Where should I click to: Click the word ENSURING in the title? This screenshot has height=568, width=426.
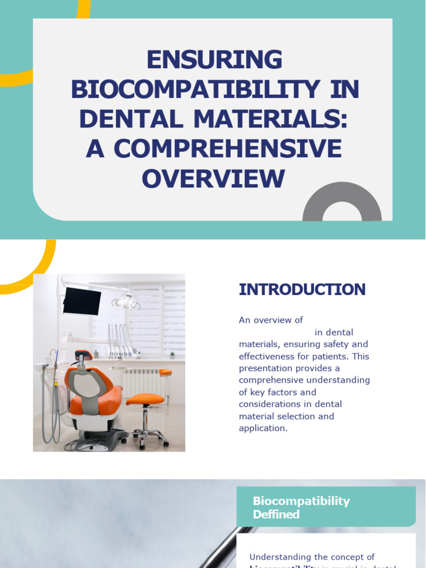click(215, 60)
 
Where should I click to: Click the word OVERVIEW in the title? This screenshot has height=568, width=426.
click(214, 179)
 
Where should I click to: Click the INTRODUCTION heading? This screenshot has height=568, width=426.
click(302, 289)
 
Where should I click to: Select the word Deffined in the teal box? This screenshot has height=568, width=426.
click(276, 514)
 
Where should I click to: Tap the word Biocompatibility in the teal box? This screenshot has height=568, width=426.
click(301, 501)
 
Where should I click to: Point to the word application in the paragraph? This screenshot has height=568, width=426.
click(262, 428)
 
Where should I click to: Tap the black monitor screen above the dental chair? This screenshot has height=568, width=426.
click(82, 300)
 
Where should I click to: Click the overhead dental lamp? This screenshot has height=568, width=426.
click(126, 301)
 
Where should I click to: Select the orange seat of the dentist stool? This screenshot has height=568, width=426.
click(145, 399)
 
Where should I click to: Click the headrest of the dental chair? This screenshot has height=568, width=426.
click(83, 355)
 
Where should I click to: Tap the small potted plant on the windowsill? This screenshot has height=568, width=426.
click(173, 354)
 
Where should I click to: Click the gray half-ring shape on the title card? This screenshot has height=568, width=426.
click(342, 202)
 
